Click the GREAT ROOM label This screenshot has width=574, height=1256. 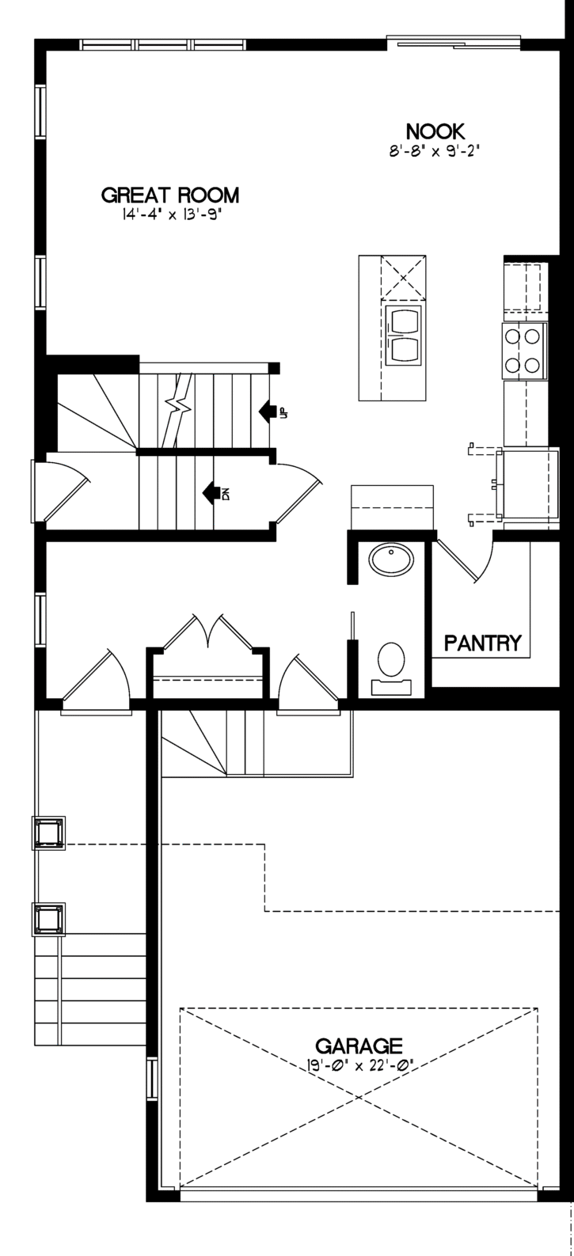[x=170, y=195]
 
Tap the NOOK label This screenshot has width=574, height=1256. [x=435, y=131]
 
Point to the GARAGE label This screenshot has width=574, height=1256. [x=359, y=1045]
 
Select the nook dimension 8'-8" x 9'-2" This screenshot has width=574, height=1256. [x=436, y=151]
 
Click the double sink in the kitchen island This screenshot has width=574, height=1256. [x=404, y=334]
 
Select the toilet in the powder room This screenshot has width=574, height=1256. [x=392, y=666]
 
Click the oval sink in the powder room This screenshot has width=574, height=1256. [x=392, y=560]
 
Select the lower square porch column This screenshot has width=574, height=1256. [x=49, y=920]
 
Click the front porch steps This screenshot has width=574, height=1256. [x=90, y=989]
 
